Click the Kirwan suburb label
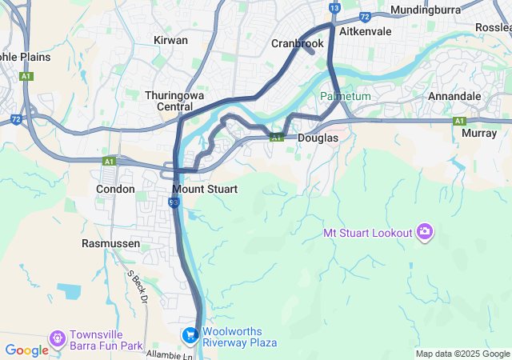click(170, 40)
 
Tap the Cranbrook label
click(297, 43)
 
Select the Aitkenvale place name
click(366, 31)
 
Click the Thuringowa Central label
click(172, 101)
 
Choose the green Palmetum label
click(346, 96)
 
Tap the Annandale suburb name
click(454, 96)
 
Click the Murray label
click(479, 134)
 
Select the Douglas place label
click(318, 138)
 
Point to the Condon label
click(115, 189)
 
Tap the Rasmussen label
click(111, 243)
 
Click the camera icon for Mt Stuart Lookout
click(424, 233)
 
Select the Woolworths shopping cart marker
click(190, 335)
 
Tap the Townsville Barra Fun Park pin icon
click(57, 339)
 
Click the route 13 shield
click(334, 8)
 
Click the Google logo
click(26, 350)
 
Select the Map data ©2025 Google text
click(462, 354)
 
